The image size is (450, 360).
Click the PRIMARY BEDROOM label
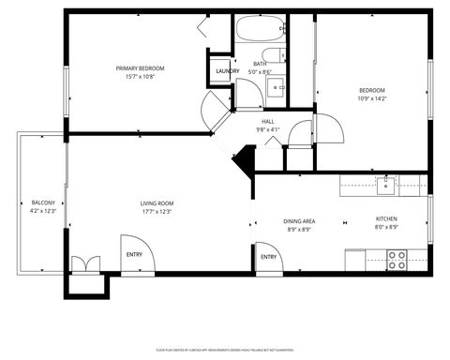(140, 68)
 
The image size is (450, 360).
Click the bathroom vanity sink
(277, 89)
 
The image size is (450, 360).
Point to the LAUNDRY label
(226, 71)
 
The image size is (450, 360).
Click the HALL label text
(268, 121)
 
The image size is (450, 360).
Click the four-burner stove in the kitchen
(397, 259)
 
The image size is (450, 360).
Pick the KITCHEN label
(386, 219)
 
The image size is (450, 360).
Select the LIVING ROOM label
(157, 203)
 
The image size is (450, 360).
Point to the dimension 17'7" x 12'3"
(157, 211)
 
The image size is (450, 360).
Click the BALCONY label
(43, 203)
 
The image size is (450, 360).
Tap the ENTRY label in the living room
(134, 253)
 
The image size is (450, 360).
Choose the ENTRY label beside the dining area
(268, 257)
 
